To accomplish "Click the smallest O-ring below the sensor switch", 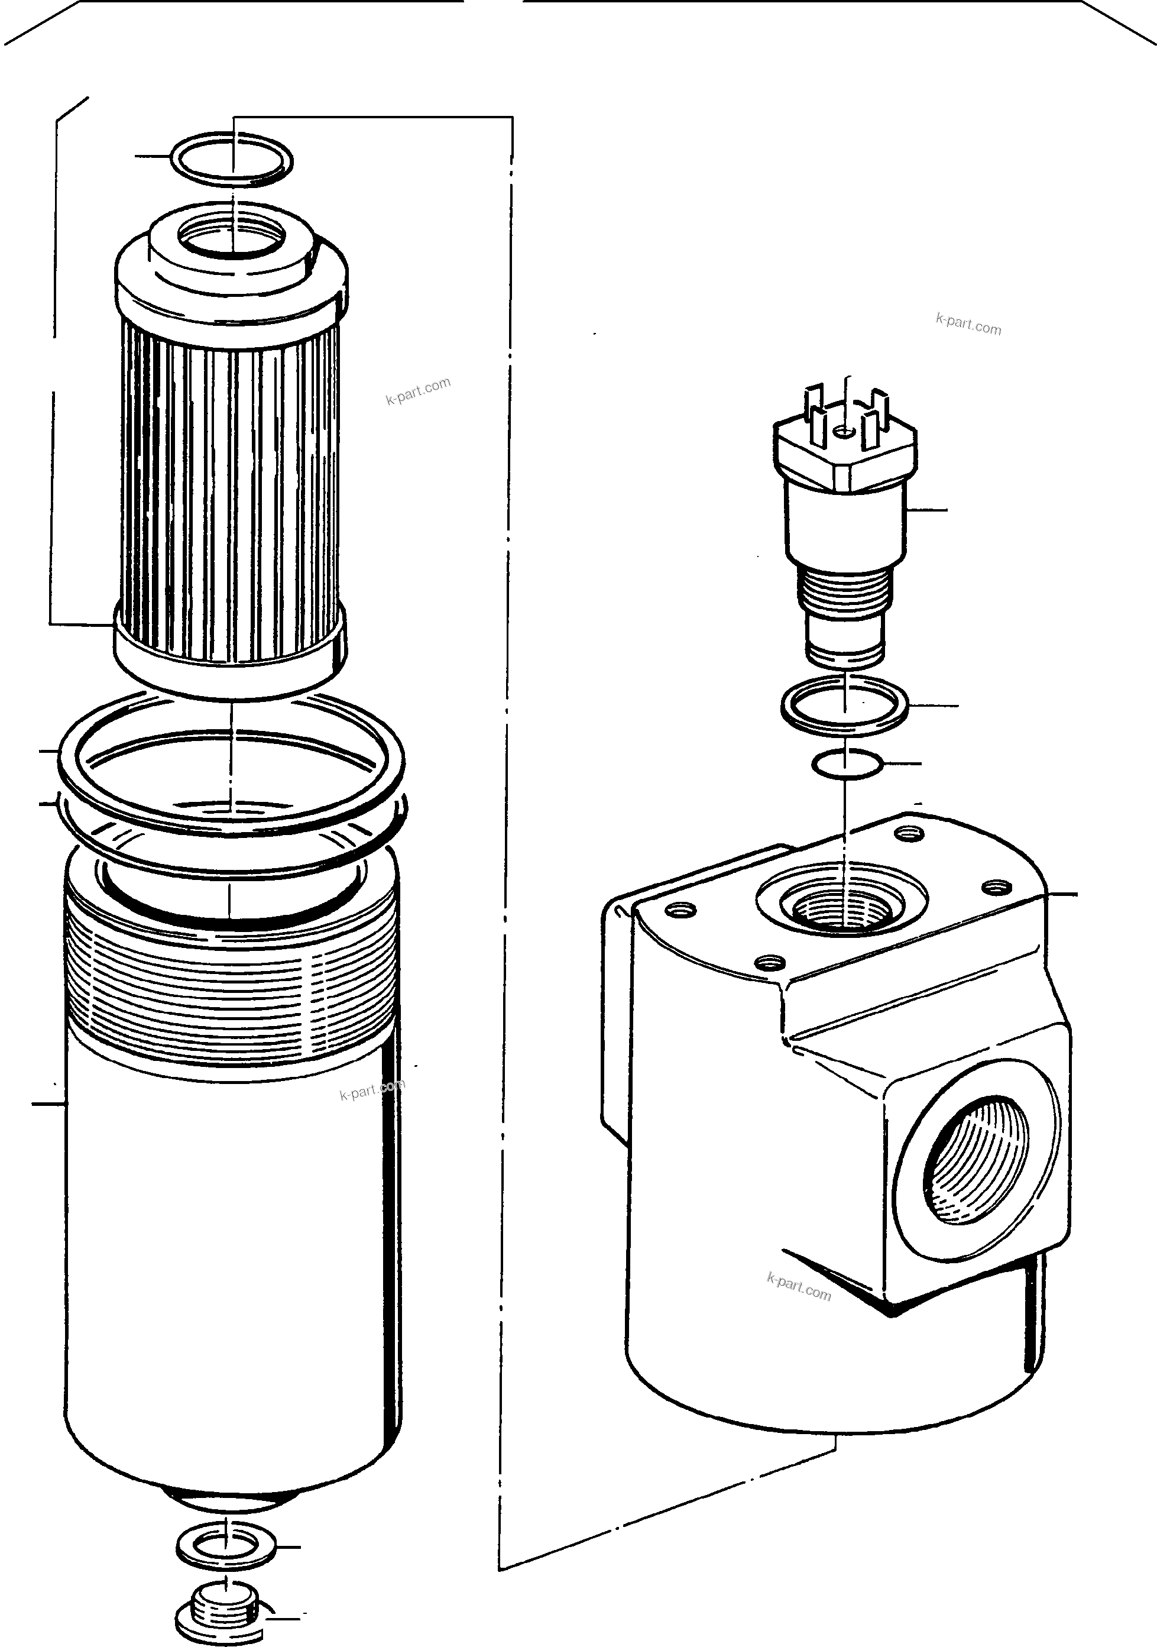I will [x=847, y=765].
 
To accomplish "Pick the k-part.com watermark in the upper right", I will [x=968, y=325].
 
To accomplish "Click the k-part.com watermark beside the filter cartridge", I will [x=418, y=391].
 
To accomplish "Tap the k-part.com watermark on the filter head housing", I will [x=798, y=1286].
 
